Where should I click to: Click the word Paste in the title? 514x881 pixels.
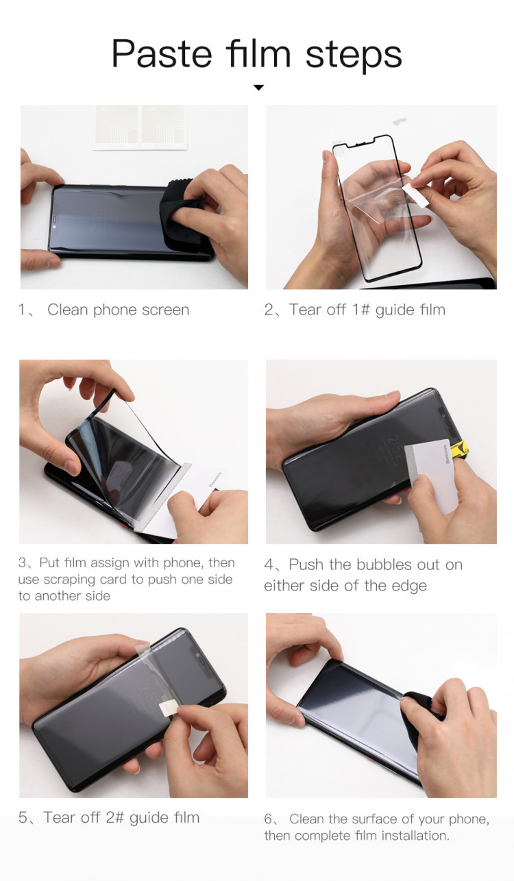click(x=162, y=54)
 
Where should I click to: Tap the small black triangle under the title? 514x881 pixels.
click(x=258, y=87)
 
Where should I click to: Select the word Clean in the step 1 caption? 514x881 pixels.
click(x=67, y=310)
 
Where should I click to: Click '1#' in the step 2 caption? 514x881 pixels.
click(x=361, y=310)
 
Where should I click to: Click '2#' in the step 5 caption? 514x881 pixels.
click(x=114, y=818)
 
